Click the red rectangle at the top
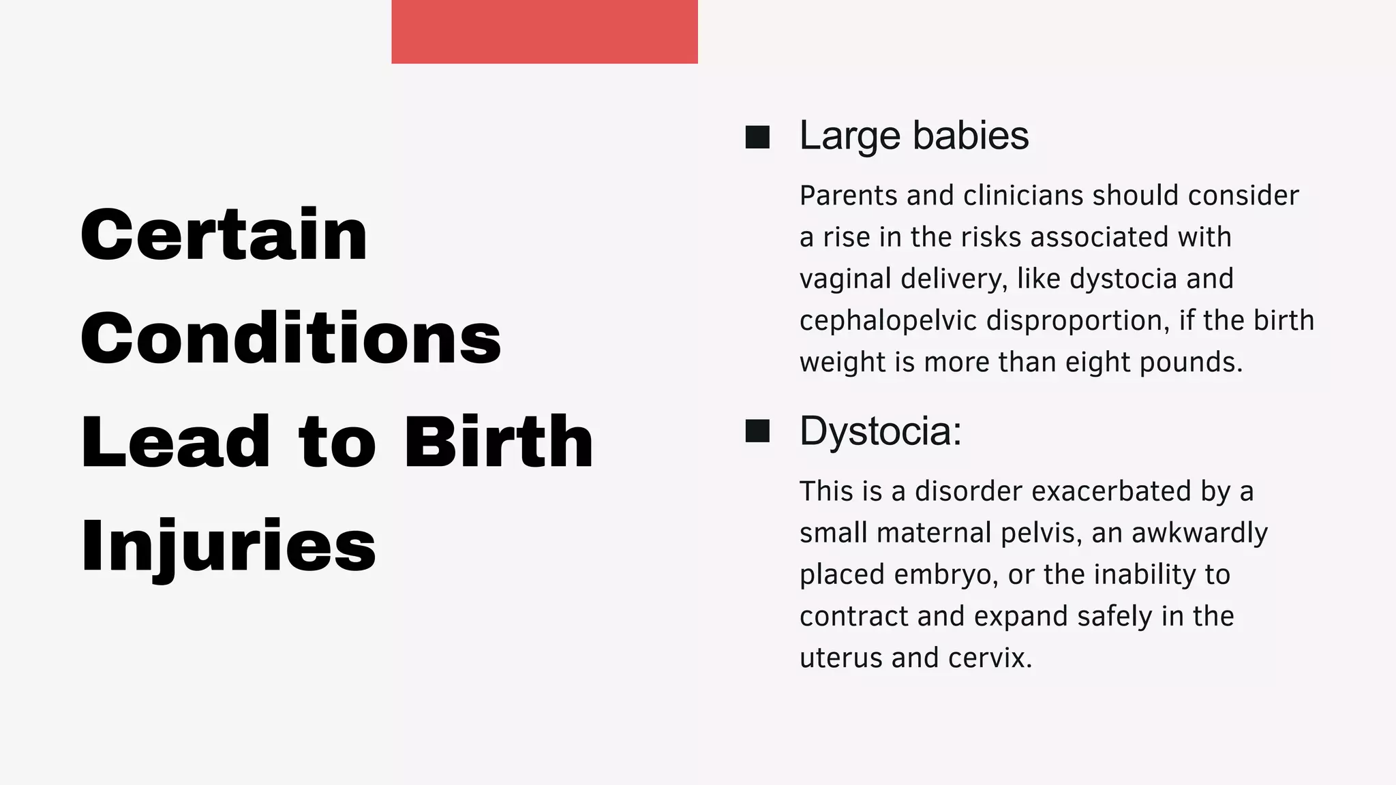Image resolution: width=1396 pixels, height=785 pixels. click(544, 31)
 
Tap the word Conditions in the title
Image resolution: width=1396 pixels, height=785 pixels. click(291, 338)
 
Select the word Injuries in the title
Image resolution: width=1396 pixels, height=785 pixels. click(228, 546)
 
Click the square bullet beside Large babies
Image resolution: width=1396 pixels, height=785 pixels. click(757, 137)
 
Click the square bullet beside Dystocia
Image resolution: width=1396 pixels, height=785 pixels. click(757, 431)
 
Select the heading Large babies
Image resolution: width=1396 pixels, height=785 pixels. click(913, 136)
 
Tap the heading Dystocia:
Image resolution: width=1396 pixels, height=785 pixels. click(880, 431)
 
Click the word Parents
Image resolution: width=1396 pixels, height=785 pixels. click(848, 196)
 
